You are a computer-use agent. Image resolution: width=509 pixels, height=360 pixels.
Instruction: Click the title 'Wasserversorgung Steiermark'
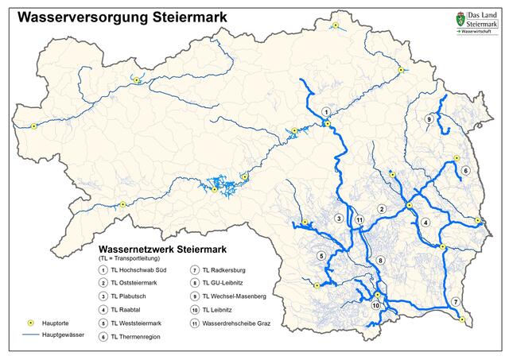point(121,16)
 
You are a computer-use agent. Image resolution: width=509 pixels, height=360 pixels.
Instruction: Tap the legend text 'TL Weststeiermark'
point(141,323)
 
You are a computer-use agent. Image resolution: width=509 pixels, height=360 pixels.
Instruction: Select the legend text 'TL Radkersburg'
point(227,269)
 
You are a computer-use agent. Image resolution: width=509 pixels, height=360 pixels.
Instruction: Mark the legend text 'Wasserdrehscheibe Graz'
point(236,323)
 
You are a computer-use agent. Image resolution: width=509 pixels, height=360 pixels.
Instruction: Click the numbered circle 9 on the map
point(429,119)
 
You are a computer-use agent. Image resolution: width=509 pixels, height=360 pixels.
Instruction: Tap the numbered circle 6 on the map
point(466,171)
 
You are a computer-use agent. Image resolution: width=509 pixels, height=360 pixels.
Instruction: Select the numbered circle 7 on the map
point(455,301)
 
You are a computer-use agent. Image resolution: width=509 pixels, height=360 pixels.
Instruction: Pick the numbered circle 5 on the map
point(321,256)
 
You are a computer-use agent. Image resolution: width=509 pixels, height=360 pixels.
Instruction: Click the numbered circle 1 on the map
point(325,112)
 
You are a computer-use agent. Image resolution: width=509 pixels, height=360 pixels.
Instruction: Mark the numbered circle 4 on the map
point(425,222)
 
